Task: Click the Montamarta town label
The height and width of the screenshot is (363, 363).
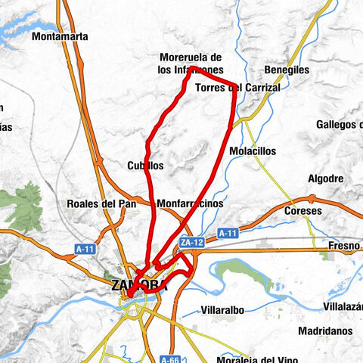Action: (x=60, y=36)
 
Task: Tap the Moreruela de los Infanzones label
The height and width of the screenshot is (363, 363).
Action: (x=190, y=64)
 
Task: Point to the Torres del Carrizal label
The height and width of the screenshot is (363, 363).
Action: (x=237, y=88)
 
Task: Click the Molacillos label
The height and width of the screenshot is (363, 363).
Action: (x=256, y=151)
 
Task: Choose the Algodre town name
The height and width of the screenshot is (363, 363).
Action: (x=326, y=178)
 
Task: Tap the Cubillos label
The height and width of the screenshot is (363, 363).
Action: (x=146, y=165)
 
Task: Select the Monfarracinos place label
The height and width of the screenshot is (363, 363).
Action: (x=190, y=204)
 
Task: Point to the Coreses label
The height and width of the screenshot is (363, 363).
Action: (x=302, y=211)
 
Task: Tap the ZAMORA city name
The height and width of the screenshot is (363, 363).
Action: (x=138, y=285)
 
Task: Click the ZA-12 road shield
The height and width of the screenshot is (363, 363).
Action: (x=191, y=243)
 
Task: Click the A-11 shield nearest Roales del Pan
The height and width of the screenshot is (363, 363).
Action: (x=85, y=248)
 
